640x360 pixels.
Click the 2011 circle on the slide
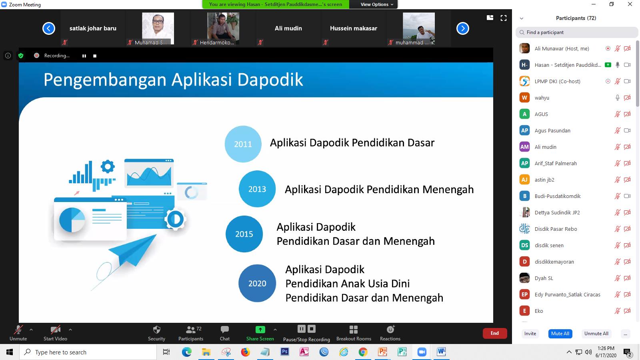[243, 144]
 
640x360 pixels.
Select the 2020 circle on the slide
[257, 283]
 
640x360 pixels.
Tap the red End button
[494, 333]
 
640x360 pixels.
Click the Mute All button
[560, 334]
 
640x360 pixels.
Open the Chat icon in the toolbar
[224, 330]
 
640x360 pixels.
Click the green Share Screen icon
[260, 330]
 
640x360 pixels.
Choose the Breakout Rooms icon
[354, 330]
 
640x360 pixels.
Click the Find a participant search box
[576, 32]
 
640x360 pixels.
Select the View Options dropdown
[376, 4]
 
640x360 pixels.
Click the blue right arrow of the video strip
[462, 28]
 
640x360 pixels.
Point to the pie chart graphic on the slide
[72, 220]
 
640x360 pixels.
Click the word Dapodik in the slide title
[270, 80]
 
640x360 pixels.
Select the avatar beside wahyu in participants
[524, 98]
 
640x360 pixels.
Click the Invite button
[530, 334]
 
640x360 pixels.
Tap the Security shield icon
[156, 330]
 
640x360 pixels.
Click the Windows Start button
[10, 352]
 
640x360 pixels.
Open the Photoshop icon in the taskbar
[284, 352]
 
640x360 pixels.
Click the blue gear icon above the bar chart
[108, 166]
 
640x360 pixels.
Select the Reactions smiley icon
[390, 330]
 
